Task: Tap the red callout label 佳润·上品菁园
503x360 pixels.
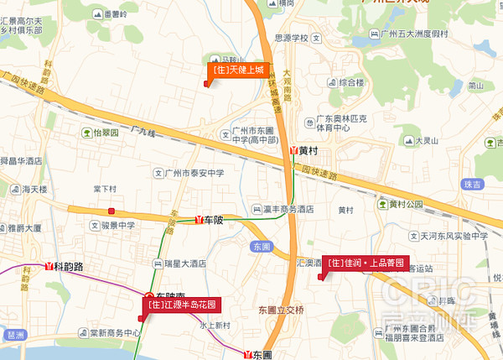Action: click(366, 262)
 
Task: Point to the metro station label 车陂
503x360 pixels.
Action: click(212, 221)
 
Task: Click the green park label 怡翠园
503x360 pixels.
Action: click(106, 133)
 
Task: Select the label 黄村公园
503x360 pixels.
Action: click(406, 204)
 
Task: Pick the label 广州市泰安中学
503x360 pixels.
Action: click(194, 174)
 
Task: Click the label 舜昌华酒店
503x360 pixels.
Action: click(22, 159)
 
